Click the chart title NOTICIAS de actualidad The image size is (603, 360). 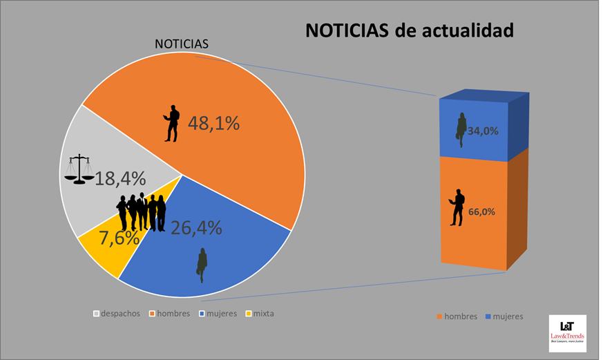coord(410,30)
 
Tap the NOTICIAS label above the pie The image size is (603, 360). coord(182,44)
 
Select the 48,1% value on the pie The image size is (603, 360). coord(214,123)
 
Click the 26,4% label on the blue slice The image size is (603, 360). coord(196,228)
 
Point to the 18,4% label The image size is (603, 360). coord(120,178)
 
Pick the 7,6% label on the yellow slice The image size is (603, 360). coord(119,238)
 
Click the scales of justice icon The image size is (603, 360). coord(79,169)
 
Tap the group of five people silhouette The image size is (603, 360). coord(142,212)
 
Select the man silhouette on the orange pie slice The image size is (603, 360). coord(172,123)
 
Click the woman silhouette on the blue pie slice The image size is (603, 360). coord(202,265)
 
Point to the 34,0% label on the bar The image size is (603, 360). coord(483,131)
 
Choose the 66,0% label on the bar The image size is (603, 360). coord(481,212)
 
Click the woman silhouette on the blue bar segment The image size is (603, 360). coord(461,130)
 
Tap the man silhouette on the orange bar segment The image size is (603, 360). coord(457,207)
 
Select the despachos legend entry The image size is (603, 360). coord(117,314)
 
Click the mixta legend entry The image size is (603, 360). coord(260,314)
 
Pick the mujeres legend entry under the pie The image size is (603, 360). coord(218,314)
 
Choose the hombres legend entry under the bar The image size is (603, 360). coord(457,316)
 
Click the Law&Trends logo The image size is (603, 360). coord(568,334)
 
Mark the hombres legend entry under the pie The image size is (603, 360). coord(170,314)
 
